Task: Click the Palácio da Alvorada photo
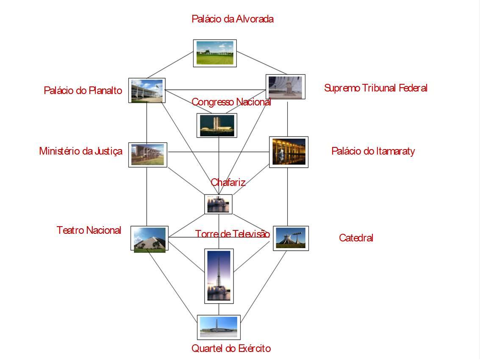(215, 53)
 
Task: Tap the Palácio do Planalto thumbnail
(147, 90)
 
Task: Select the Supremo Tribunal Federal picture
(285, 87)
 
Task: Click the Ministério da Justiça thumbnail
(147, 155)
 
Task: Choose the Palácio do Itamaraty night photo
(289, 152)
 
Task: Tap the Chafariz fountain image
(218, 204)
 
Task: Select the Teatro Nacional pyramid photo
(149, 238)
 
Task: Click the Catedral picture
(291, 238)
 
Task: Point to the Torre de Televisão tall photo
(219, 276)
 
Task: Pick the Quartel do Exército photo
(219, 327)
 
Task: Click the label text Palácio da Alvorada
(232, 19)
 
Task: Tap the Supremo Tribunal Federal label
(375, 88)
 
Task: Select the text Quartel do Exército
(231, 349)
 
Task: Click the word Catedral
(356, 238)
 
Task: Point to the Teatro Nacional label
(89, 230)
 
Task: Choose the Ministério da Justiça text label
(80, 151)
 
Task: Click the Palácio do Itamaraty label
(373, 151)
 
